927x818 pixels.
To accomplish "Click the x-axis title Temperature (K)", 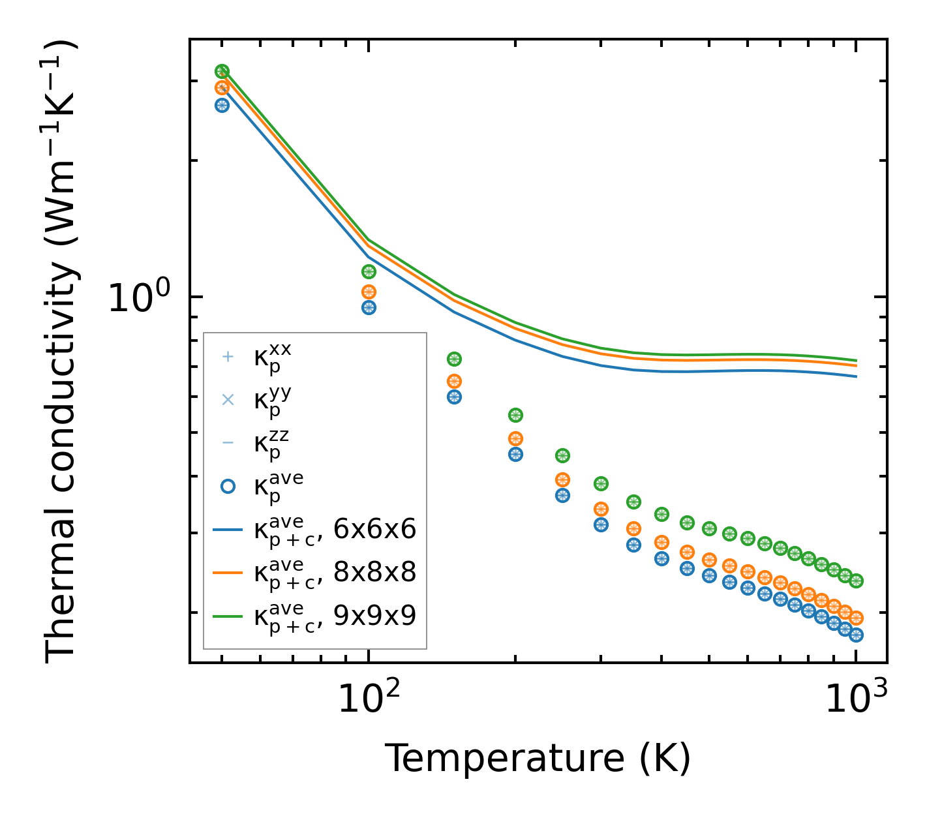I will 538,758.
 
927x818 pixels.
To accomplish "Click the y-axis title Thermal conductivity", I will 61,352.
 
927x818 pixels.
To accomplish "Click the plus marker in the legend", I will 228,357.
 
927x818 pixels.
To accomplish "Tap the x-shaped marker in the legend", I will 228,400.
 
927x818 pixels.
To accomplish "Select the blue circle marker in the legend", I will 228,486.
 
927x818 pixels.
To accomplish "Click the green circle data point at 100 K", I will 369,271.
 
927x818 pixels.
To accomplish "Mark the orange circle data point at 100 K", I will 369,292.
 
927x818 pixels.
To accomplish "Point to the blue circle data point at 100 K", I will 369,307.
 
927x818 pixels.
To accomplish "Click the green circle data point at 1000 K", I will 856,581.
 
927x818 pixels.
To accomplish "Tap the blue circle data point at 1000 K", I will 856,635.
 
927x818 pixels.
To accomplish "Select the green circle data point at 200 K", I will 515,415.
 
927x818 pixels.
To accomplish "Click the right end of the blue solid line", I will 855,376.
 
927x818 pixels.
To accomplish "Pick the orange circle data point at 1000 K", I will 856,617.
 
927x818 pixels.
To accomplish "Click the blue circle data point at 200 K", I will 515,454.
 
